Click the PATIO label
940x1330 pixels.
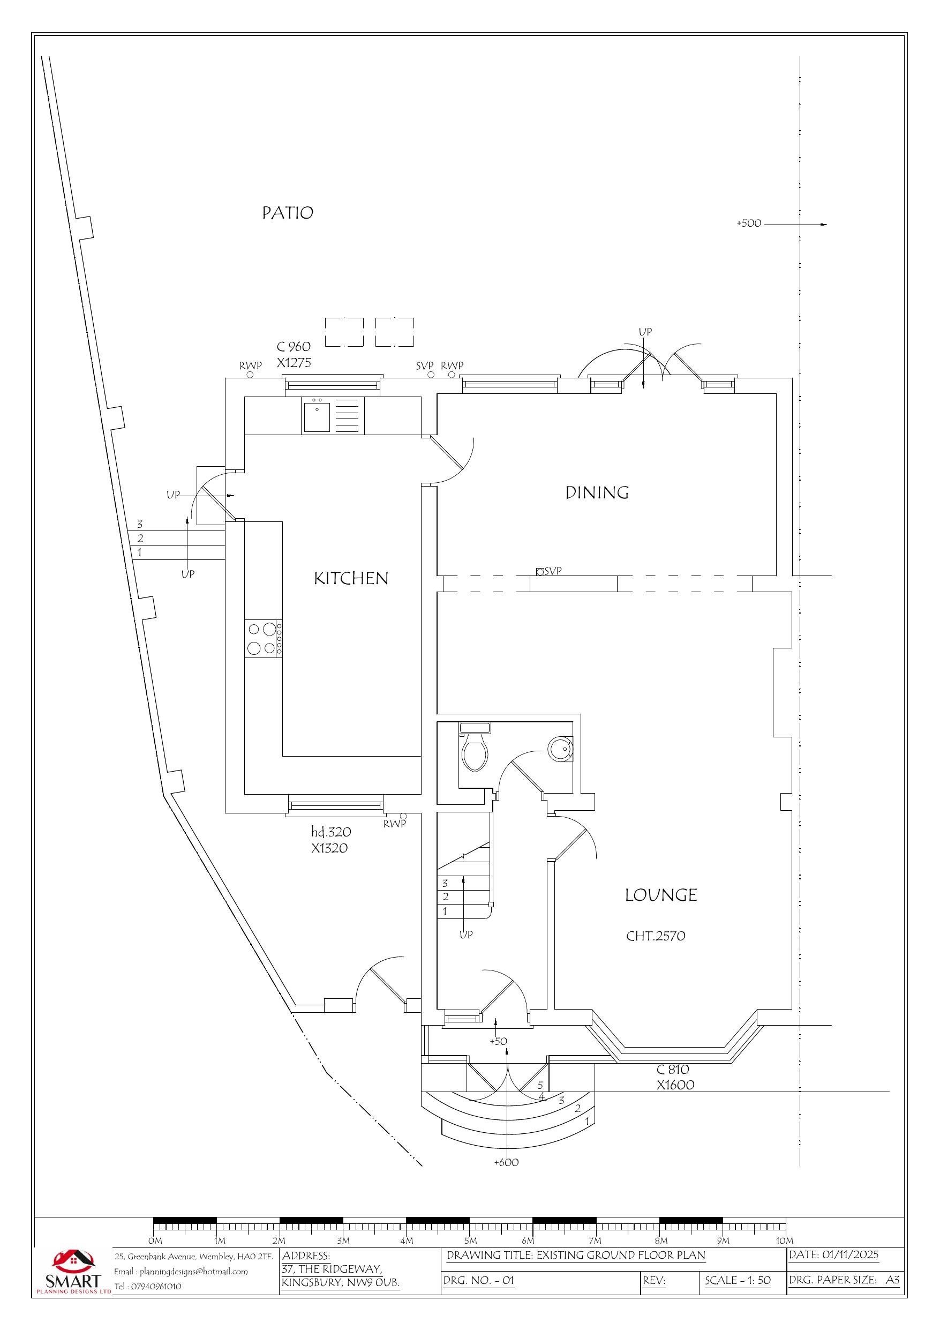click(287, 213)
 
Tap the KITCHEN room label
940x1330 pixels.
click(351, 578)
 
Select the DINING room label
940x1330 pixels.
click(597, 492)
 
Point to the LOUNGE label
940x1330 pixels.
click(660, 895)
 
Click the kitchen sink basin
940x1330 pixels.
click(317, 416)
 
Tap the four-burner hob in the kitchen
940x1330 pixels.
click(261, 638)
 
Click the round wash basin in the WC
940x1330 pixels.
click(559, 749)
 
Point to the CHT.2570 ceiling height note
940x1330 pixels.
click(656, 936)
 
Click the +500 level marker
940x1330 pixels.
click(748, 223)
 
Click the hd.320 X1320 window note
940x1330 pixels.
click(330, 840)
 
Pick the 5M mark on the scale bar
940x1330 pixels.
click(470, 1241)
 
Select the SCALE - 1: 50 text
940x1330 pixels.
click(738, 1280)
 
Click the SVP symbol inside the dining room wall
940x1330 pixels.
click(540, 572)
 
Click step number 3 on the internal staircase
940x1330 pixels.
click(445, 884)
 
